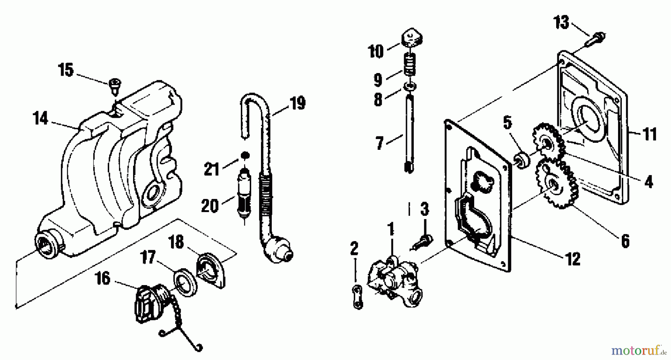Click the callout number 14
tap(40, 119)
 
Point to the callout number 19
tap(297, 103)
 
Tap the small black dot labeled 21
tap(244, 155)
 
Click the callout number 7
tap(380, 143)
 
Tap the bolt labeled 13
tap(596, 39)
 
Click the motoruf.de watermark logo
tap(638, 351)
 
